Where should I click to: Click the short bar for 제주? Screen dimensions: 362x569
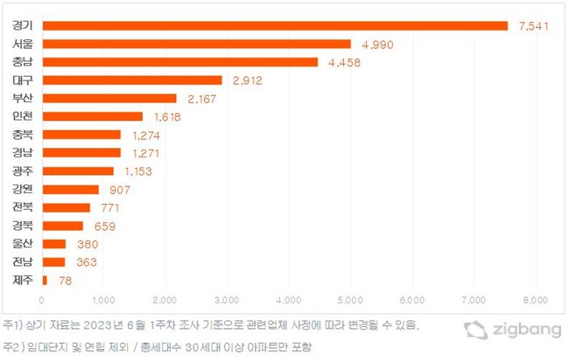[x=45, y=280]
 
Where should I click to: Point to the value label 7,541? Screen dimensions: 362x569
[x=534, y=26]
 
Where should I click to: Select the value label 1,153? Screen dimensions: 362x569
[x=136, y=171]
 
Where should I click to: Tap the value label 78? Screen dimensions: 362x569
[x=65, y=280]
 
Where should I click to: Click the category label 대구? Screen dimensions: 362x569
[x=23, y=80]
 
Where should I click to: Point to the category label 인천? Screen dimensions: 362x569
[x=23, y=116]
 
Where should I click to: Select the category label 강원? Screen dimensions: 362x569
[x=23, y=189]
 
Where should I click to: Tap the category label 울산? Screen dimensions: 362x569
[x=23, y=243]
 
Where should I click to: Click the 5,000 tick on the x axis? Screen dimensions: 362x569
[x=350, y=300]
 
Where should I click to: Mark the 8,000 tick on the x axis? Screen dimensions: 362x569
[x=536, y=300]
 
